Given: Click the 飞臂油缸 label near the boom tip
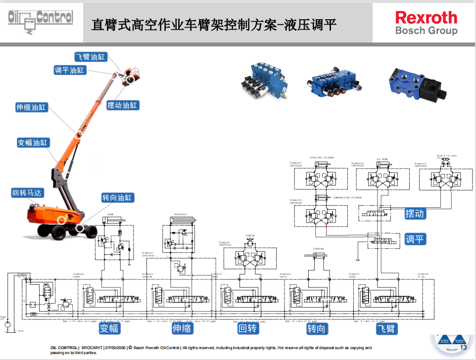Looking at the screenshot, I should (91, 57).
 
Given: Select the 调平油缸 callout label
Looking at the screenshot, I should (70, 71).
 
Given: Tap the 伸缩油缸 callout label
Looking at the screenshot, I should (31, 107).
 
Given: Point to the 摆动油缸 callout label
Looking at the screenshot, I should (123, 105).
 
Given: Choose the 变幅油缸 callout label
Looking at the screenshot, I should (33, 143).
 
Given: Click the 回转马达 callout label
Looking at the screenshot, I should (27, 193).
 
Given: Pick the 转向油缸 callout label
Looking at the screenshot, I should (117, 198).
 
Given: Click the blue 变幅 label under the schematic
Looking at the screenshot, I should (109, 328).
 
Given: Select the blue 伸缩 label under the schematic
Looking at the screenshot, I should (182, 328).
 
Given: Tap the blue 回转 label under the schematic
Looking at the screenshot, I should (248, 328).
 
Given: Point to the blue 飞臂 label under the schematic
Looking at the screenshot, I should (387, 328).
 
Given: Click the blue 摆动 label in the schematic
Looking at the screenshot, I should (415, 214).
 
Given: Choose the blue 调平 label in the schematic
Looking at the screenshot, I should (415, 239).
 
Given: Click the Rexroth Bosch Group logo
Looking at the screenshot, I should (426, 23).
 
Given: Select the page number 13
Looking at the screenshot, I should (463, 348).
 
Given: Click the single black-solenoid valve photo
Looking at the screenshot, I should (417, 84).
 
